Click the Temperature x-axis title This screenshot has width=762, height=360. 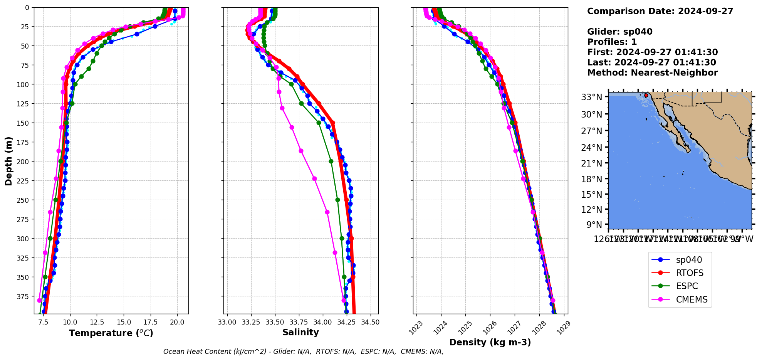[111, 333]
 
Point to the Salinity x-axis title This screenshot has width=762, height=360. [300, 333]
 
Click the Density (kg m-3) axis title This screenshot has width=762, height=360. [490, 342]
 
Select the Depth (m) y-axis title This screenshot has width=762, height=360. [8, 161]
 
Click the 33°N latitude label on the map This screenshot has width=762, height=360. [591, 97]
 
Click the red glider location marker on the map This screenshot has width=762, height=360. [646, 95]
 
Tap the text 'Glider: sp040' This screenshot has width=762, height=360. [619, 32]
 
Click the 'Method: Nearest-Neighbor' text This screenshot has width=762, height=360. [652, 73]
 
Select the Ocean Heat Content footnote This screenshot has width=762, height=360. [303, 352]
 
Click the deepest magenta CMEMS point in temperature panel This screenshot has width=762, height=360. [39, 300]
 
